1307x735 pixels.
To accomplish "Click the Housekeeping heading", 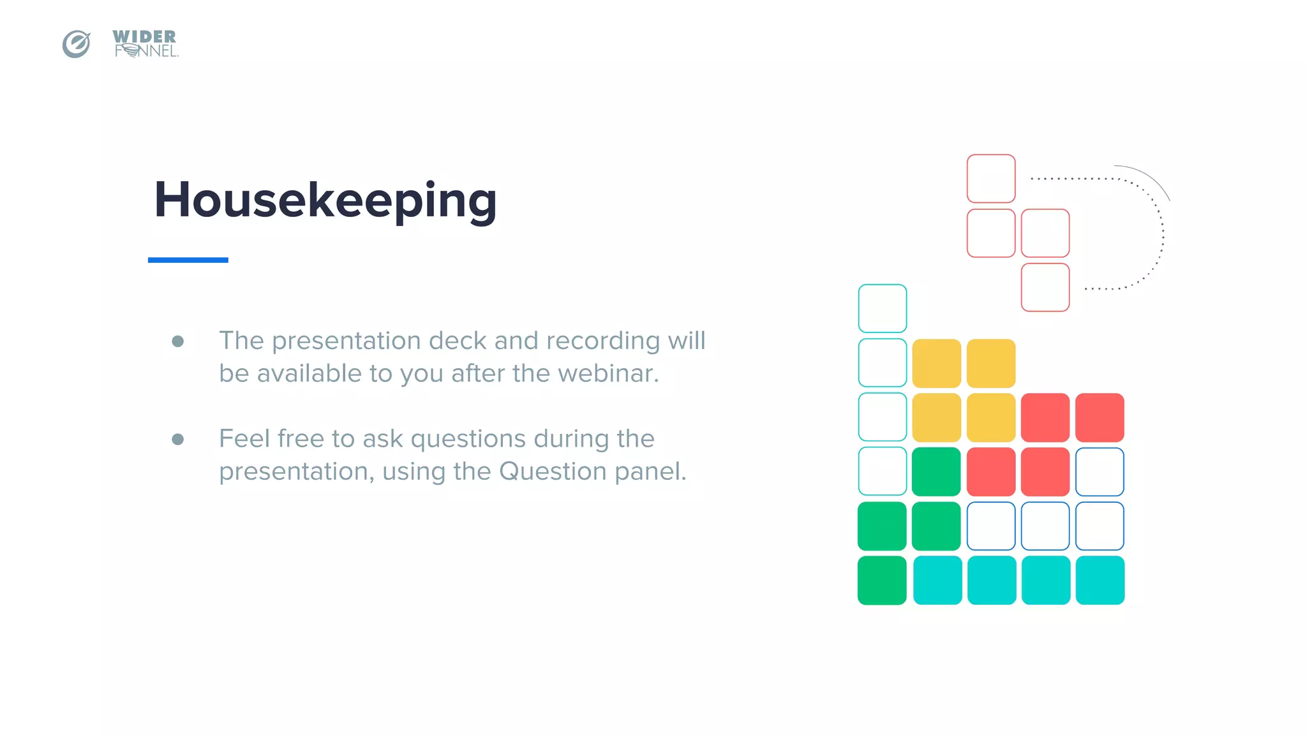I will coord(325,200).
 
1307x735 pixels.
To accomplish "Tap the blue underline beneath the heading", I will coord(188,260).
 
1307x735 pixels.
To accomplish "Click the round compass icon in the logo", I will coord(76,44).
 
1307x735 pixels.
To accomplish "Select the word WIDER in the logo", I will coord(144,36).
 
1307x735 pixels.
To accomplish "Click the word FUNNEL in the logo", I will coord(146,52).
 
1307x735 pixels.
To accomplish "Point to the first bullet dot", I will coord(178,341).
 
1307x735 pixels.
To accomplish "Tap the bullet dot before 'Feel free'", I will coord(178,439).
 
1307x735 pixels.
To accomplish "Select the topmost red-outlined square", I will coord(990,179).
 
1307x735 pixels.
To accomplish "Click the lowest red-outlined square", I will coord(1045,287).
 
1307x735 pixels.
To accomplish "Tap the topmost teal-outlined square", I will coord(882,308).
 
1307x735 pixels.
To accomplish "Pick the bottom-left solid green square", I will coord(882,580).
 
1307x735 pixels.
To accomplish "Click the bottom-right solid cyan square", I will coord(1100,580).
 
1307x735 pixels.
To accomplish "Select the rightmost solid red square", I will coord(1100,417).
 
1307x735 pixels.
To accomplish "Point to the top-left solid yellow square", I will coord(936,363).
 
